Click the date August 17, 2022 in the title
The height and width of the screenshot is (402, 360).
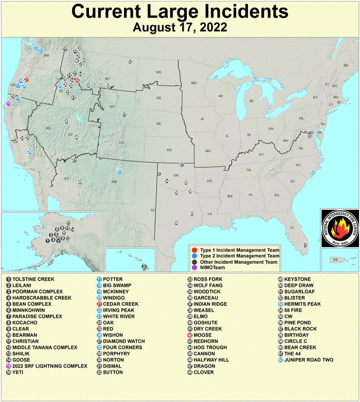click(179, 27)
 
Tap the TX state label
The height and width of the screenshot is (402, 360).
click(152, 210)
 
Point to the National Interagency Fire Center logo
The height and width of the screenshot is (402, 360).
click(339, 226)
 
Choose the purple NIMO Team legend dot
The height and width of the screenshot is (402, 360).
click(194, 268)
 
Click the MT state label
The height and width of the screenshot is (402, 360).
click(107, 79)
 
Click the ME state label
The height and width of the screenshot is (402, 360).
click(345, 66)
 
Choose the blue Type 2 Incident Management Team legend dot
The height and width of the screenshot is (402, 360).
click(194, 255)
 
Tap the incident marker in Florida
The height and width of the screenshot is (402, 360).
click(304, 245)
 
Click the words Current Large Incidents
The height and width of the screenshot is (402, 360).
click(179, 11)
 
